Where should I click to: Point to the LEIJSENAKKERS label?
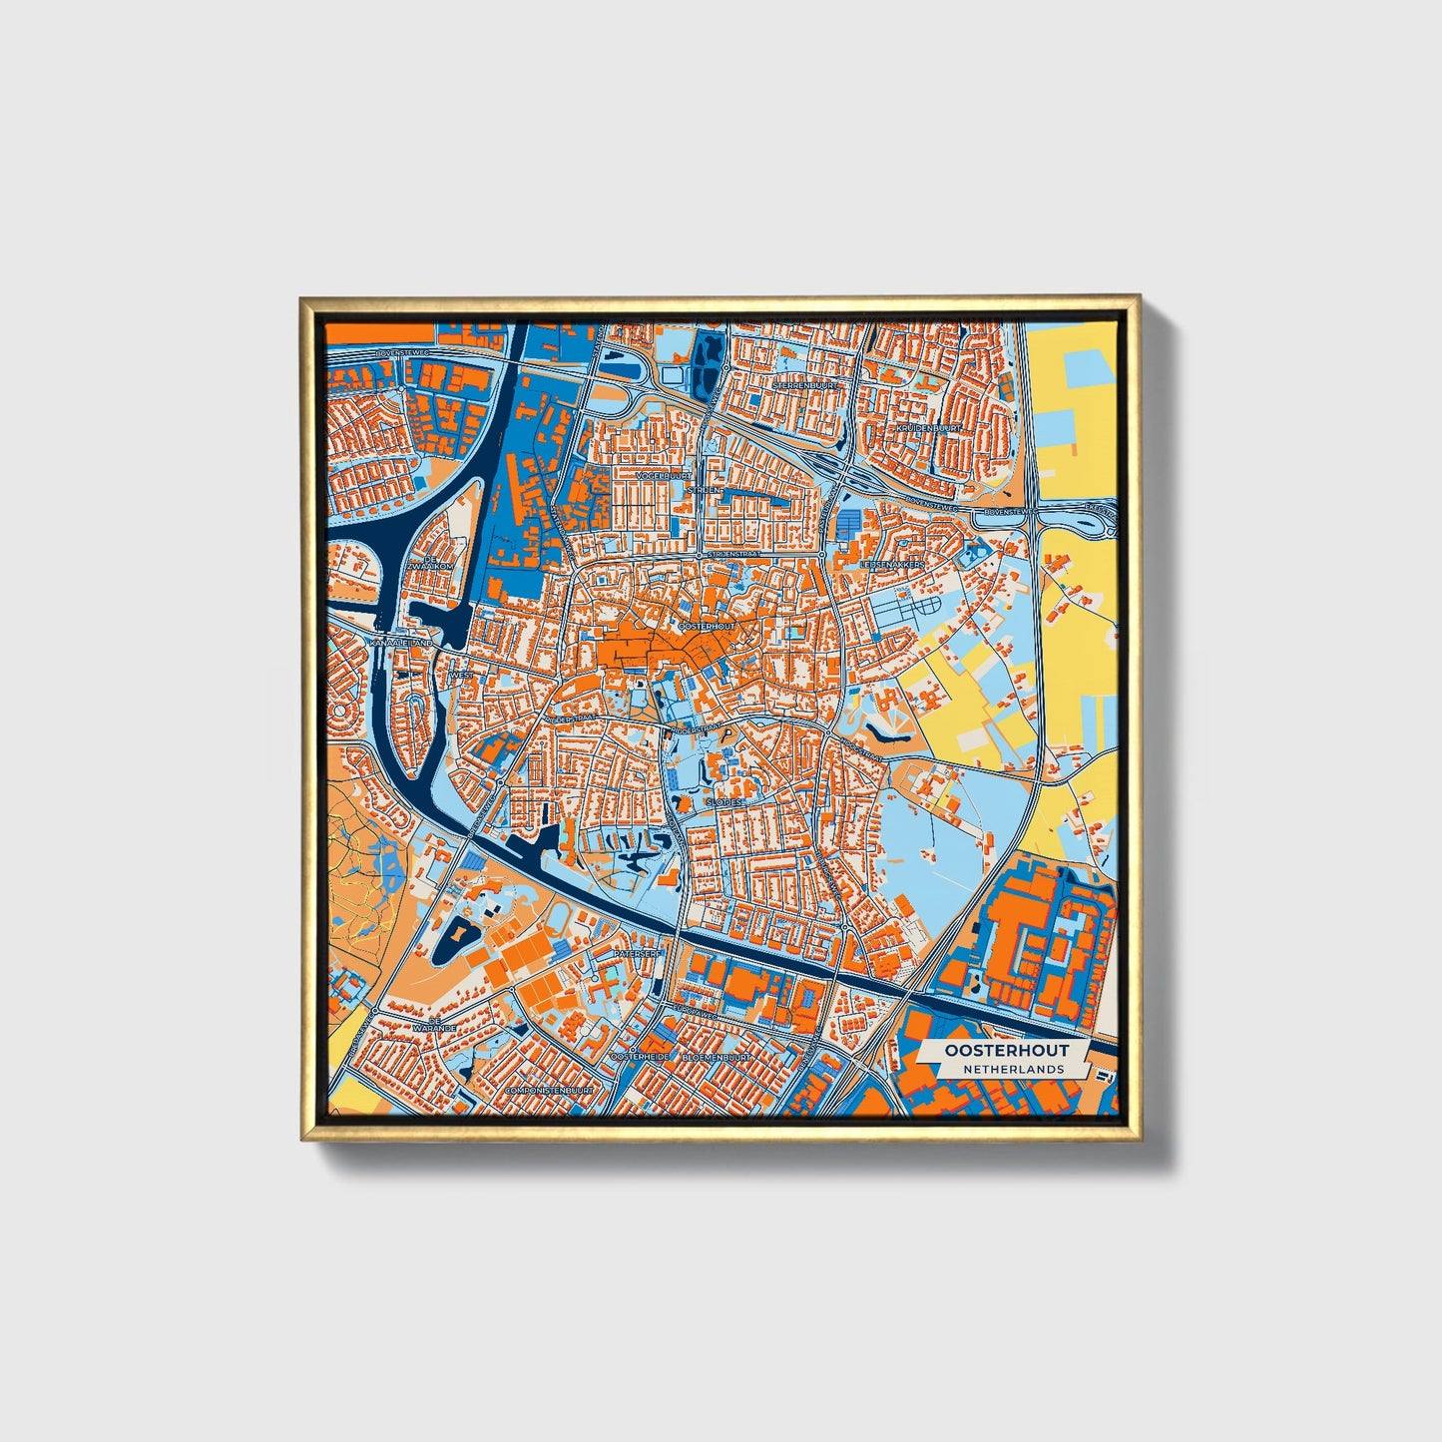click(892, 565)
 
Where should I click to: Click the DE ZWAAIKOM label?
click(430, 566)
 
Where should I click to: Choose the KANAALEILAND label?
click(401, 644)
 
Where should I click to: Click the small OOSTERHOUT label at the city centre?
click(706, 626)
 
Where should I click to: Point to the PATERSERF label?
click(638, 954)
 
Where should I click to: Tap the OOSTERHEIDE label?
click(639, 1056)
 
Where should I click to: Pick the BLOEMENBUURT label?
click(717, 1056)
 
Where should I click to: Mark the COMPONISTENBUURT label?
click(549, 1091)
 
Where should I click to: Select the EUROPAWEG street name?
click(696, 1010)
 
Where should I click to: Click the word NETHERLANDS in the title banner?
click(1013, 1069)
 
